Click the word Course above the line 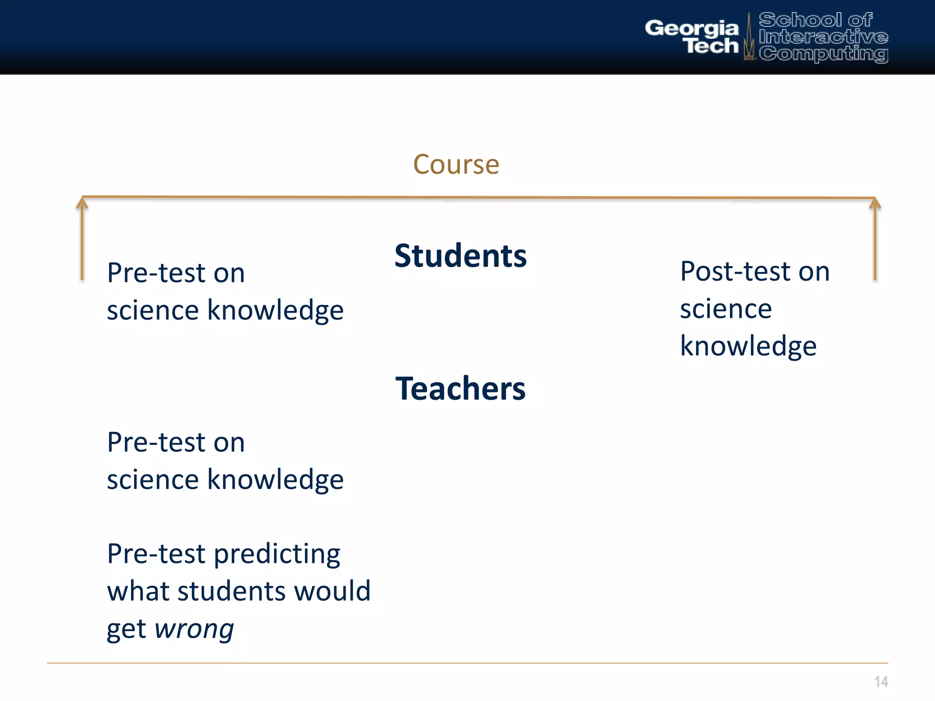(456, 164)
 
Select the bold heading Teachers (460, 389)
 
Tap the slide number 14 (881, 681)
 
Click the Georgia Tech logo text (692, 37)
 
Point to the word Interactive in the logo (823, 37)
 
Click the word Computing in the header (823, 54)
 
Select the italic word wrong (194, 629)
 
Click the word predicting (277, 555)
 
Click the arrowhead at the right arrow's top (875, 203)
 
